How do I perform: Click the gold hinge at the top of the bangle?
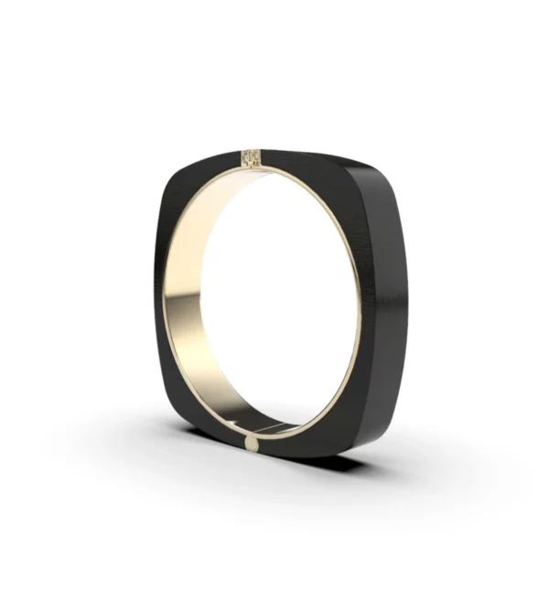tap(251, 157)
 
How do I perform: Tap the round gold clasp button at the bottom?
tap(251, 444)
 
